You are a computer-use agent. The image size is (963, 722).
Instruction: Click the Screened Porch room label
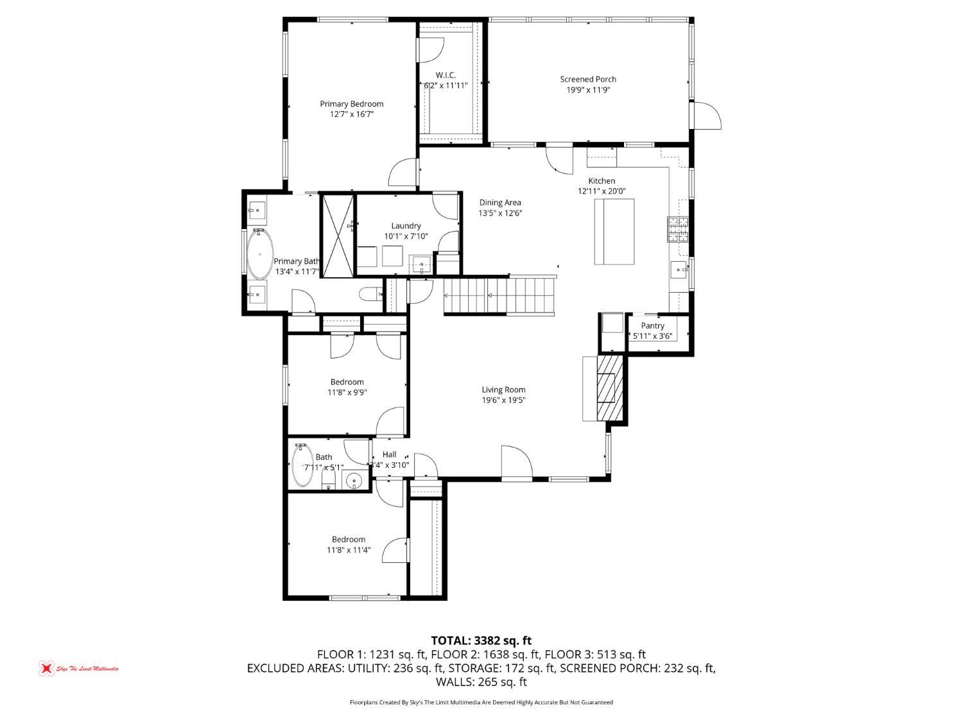coord(587,80)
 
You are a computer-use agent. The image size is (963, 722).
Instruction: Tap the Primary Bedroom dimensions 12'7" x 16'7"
coord(351,114)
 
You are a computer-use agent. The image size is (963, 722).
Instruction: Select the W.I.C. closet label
coord(446,75)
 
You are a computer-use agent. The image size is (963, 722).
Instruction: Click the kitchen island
coord(614,231)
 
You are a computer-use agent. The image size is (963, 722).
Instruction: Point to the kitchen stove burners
coord(679,230)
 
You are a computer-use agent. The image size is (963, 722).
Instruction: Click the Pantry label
coord(652,325)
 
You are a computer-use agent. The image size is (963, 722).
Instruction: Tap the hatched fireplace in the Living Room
coord(609,388)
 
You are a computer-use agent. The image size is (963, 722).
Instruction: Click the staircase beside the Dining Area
coord(499,295)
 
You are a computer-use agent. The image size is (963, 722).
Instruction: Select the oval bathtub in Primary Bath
coord(260,254)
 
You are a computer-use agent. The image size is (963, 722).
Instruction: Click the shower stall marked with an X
coord(338,235)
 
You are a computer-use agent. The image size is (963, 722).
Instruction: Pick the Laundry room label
coord(406,225)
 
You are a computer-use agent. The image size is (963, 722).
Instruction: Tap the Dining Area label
coord(499,203)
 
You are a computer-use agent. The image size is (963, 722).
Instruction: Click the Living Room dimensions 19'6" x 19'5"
coord(503,400)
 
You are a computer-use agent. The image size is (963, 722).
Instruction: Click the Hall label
coord(389,454)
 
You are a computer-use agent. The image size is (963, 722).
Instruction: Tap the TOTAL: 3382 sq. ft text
coord(481,640)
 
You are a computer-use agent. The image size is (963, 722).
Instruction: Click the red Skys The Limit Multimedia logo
coord(46,668)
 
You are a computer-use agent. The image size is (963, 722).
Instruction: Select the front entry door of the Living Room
coord(517,462)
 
